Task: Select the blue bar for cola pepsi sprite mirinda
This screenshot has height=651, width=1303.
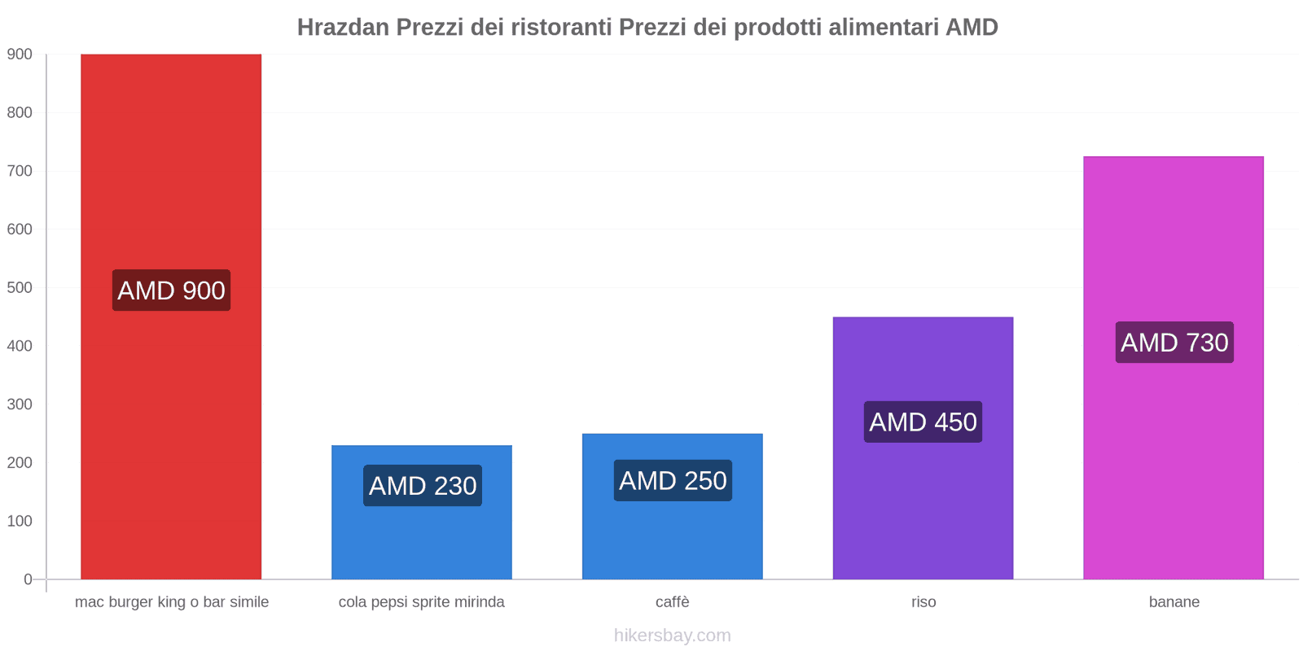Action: (x=422, y=537)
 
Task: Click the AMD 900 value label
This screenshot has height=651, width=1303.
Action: (x=171, y=291)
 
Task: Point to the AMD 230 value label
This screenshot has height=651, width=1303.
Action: (x=423, y=486)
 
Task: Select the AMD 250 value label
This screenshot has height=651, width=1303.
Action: (x=673, y=481)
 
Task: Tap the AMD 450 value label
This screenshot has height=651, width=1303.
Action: (x=923, y=422)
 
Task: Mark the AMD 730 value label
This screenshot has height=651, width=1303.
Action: (x=1174, y=343)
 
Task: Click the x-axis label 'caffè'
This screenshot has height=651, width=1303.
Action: (x=673, y=602)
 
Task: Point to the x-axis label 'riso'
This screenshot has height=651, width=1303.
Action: (x=924, y=602)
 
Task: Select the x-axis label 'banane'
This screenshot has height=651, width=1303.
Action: (x=1174, y=602)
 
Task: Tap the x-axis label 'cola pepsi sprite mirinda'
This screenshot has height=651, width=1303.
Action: (x=422, y=602)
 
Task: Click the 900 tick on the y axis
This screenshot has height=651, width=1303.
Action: (x=20, y=55)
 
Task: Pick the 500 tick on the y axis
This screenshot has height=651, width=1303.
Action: (x=20, y=288)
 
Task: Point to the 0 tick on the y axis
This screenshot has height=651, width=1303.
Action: (x=28, y=579)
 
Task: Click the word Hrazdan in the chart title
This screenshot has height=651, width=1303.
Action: (x=344, y=28)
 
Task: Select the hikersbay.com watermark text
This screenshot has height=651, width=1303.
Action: (x=673, y=636)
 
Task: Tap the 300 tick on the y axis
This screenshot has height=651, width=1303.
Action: (x=20, y=404)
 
